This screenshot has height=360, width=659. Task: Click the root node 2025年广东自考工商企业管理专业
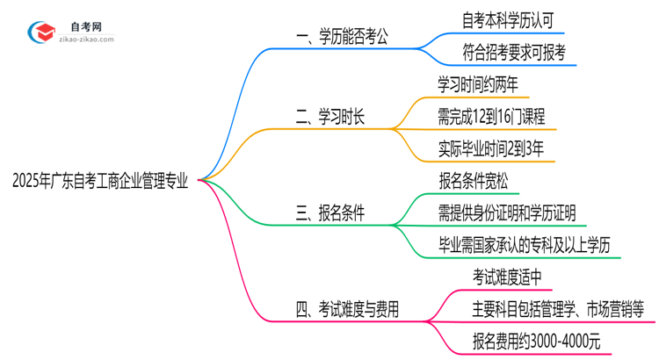100,182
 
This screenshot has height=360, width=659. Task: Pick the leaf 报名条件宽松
473,182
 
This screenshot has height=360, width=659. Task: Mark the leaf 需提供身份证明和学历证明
507,213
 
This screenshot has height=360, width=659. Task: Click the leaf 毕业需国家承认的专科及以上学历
528,245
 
